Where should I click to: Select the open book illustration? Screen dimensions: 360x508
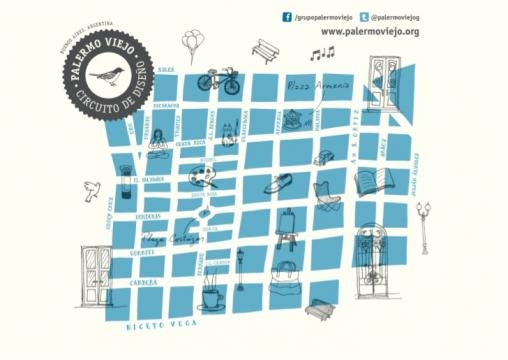(372, 184)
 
